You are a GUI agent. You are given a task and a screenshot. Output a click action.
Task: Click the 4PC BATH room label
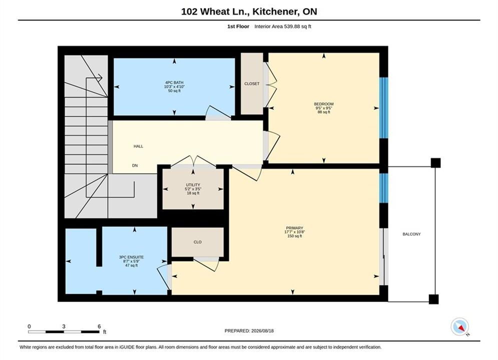click(x=174, y=82)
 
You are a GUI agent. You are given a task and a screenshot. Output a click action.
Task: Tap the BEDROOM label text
click(x=324, y=104)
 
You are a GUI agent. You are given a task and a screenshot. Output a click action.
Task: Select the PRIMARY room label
click(x=294, y=228)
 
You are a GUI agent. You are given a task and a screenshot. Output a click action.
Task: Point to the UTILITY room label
click(x=193, y=185)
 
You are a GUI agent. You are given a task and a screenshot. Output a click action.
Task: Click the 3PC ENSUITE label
click(x=131, y=257)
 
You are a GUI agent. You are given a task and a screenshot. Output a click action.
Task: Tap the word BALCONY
click(x=411, y=234)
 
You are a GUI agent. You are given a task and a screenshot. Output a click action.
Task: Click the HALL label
click(x=138, y=146)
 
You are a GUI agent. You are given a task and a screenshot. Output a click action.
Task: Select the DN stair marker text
click(x=135, y=165)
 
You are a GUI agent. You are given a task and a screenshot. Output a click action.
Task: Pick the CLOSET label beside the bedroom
click(x=252, y=83)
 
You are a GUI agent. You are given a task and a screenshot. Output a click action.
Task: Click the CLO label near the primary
click(x=198, y=242)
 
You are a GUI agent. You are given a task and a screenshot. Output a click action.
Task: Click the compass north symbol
click(x=460, y=326)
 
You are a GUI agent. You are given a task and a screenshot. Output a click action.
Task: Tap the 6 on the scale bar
click(x=99, y=326)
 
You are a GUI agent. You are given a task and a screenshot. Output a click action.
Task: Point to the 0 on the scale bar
click(x=29, y=326)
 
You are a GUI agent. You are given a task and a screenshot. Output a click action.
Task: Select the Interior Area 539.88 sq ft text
click(x=283, y=26)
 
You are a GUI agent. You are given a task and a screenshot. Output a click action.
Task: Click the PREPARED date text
click(x=249, y=331)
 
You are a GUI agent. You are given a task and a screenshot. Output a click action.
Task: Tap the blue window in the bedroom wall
click(x=384, y=108)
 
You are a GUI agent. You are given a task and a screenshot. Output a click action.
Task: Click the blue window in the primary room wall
click(x=384, y=188)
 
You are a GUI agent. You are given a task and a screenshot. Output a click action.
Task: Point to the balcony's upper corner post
click(x=436, y=162)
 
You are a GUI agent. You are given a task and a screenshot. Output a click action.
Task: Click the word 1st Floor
click(x=238, y=26)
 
